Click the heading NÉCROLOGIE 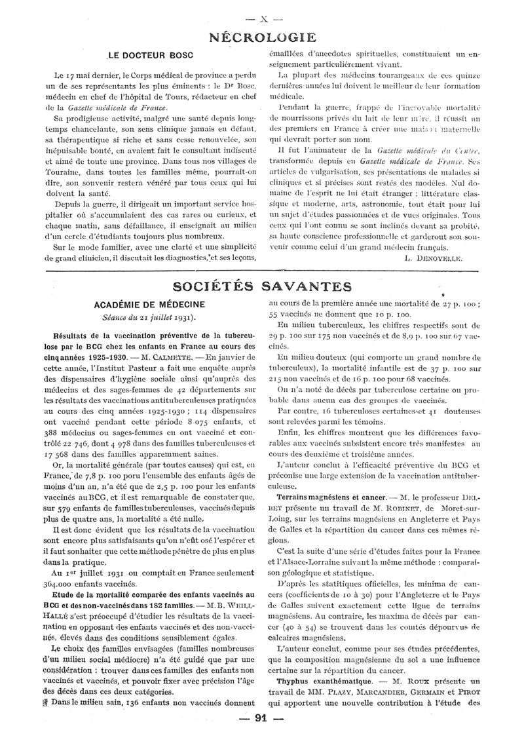click(x=261, y=37)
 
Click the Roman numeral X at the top click(x=261, y=12)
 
